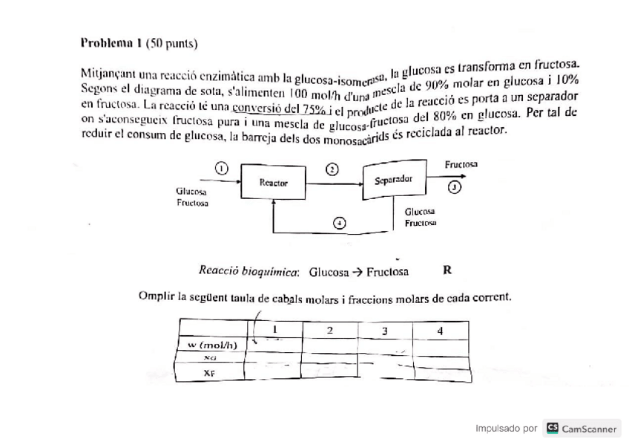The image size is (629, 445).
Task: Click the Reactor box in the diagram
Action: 274,183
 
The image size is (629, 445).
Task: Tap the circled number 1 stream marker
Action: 221,167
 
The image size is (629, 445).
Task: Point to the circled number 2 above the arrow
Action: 332,169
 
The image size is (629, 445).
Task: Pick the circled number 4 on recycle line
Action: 339,222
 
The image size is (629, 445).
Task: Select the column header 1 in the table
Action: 274,330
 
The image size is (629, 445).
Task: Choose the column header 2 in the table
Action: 329,330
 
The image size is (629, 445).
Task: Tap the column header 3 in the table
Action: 384,331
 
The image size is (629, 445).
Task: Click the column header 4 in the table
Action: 440,331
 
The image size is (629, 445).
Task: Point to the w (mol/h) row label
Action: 212,345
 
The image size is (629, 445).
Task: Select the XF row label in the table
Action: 210,373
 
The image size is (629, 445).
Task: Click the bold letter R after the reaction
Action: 447,270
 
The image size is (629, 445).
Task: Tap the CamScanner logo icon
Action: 552,428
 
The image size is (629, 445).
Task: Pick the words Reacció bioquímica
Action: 248,271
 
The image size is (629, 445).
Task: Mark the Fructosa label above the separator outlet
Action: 461,163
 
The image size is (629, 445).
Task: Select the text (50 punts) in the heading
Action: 172,43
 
